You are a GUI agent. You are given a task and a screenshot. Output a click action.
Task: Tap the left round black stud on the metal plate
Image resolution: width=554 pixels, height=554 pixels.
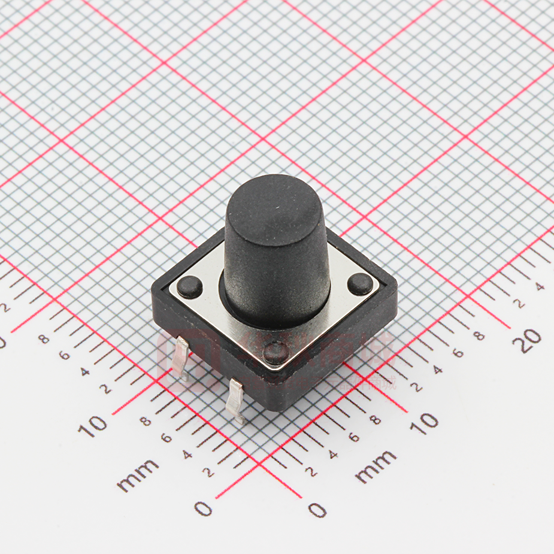(x=189, y=287)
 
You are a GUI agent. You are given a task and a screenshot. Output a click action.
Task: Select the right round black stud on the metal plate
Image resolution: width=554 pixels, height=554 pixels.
(x=360, y=284)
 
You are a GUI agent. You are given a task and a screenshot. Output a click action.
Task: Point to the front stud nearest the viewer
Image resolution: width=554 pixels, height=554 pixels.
(x=276, y=353)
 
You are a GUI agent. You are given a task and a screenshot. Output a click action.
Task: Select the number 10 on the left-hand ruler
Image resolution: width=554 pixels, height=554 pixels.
(x=93, y=426)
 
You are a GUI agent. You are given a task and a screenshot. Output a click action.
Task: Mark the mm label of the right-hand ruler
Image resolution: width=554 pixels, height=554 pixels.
(x=376, y=467)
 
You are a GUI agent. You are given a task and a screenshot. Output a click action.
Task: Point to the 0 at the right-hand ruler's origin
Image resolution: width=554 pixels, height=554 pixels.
(x=317, y=510)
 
